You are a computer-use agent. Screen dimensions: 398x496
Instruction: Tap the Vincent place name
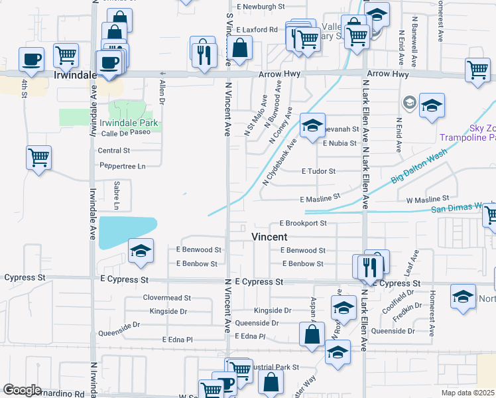(269, 237)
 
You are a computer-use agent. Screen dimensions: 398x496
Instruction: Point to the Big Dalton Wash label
(418, 174)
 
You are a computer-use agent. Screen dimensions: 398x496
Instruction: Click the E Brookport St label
(303, 224)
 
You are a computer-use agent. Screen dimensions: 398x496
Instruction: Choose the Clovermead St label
(166, 298)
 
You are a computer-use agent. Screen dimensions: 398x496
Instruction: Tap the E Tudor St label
(318, 171)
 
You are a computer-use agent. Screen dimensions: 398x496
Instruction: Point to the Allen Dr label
(162, 92)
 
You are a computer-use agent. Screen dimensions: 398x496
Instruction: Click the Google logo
(22, 390)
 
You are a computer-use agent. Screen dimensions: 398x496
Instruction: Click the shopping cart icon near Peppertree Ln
(39, 158)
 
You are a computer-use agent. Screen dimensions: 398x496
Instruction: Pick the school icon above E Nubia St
(312, 125)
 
